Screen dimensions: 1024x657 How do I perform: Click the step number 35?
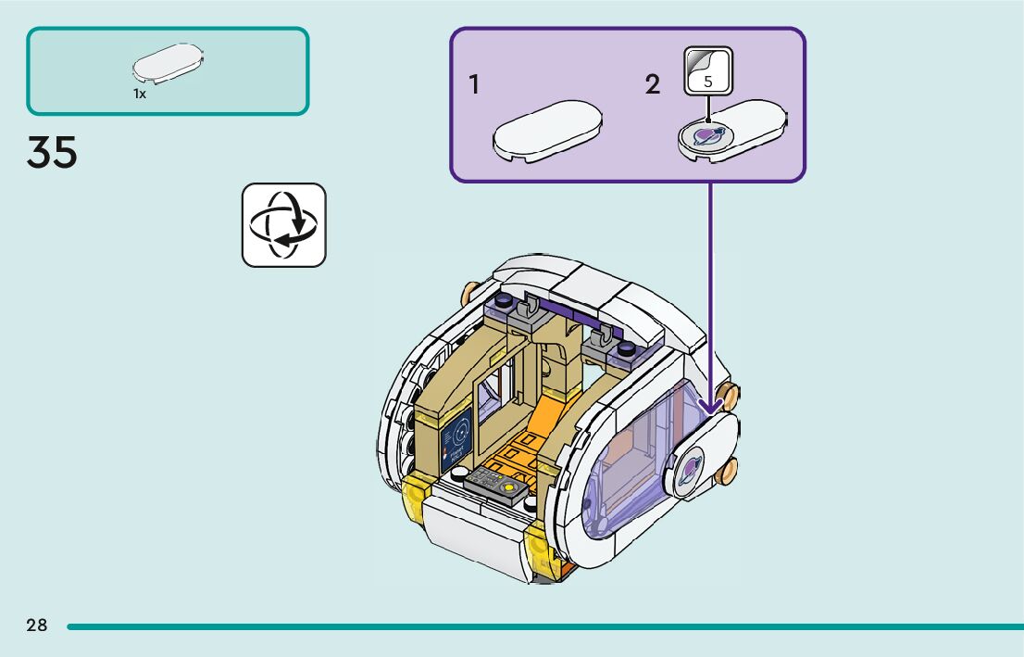(52, 152)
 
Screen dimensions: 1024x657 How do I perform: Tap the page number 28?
(37, 625)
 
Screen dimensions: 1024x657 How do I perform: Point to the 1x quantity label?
(140, 94)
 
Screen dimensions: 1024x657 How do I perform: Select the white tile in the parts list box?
(168, 63)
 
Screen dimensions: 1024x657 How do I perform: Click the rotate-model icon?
(284, 225)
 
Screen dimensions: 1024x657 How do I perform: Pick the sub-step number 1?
(474, 84)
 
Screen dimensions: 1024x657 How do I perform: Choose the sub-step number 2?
(653, 84)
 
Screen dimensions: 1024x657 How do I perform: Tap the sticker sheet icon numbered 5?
(708, 70)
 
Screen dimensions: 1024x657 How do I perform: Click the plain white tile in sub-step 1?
(547, 131)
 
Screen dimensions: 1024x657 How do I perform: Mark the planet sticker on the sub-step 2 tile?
(706, 135)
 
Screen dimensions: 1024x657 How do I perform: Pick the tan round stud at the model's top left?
(469, 294)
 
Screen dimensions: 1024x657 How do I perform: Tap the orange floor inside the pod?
(532, 445)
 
